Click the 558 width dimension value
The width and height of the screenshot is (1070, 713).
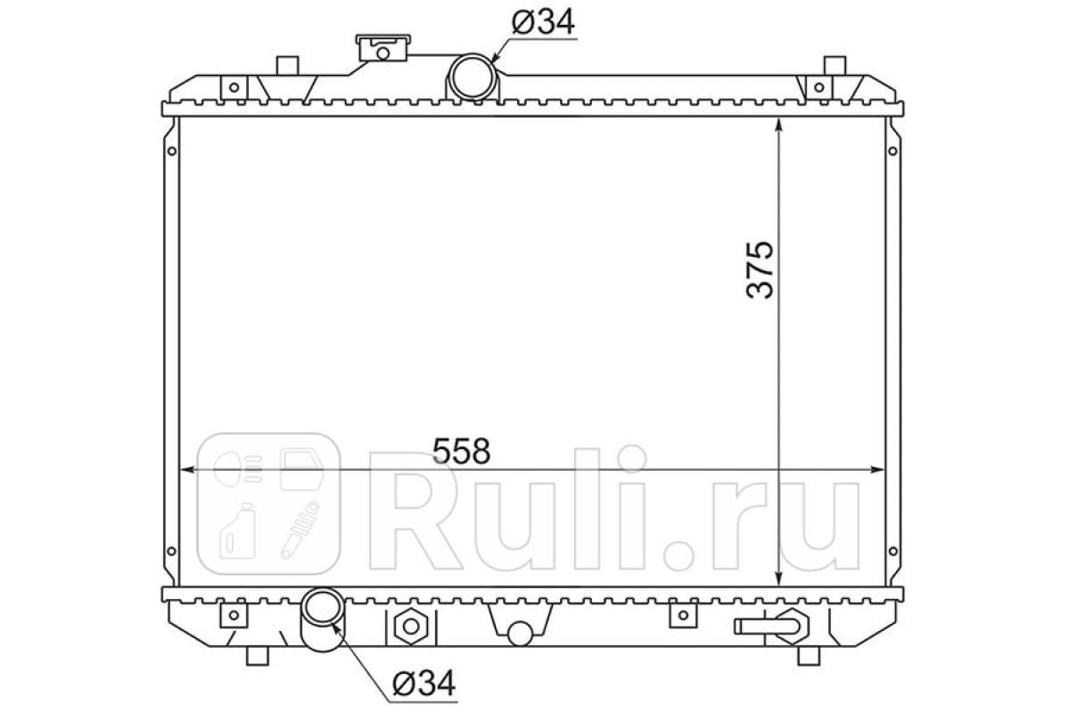[461, 450]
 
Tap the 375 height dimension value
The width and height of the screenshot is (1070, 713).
[760, 270]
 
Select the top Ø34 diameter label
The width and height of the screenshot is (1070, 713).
[543, 22]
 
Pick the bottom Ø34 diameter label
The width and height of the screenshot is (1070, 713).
[424, 684]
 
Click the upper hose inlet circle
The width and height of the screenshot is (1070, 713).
[472, 77]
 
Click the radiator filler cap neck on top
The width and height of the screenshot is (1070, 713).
[383, 48]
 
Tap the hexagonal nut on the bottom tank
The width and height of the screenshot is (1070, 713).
[411, 626]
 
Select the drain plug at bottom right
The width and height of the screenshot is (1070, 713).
[772, 626]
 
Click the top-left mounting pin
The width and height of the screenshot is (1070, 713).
[287, 66]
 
